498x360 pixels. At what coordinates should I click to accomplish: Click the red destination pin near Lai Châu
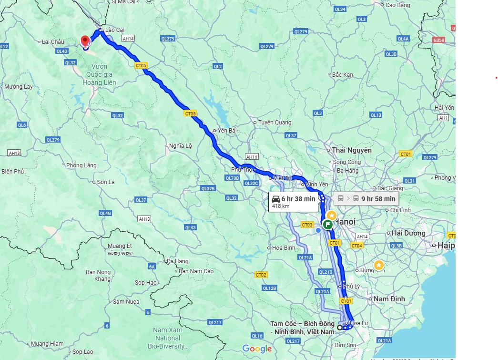(86, 41)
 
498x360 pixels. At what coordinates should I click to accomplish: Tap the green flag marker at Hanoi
(328, 225)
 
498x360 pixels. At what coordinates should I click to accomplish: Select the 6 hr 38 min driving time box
(293, 202)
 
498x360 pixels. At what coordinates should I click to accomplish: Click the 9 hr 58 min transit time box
(366, 198)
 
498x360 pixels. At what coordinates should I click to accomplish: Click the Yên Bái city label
(227, 130)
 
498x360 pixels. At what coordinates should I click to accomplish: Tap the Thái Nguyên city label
(352, 150)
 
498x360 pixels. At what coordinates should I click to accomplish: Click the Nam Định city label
(389, 299)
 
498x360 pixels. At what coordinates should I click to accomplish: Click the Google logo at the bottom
(257, 349)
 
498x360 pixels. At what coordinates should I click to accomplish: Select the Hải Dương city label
(408, 233)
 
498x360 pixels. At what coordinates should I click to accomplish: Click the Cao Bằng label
(397, 5)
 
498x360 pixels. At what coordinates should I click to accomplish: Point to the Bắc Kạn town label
(342, 75)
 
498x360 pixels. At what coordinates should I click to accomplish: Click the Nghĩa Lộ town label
(180, 146)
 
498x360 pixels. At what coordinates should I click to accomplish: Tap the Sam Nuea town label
(126, 302)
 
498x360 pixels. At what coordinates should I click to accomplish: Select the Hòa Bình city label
(283, 248)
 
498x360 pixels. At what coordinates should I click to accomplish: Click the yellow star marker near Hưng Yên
(378, 265)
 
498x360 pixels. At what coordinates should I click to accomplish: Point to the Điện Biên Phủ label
(12, 171)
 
